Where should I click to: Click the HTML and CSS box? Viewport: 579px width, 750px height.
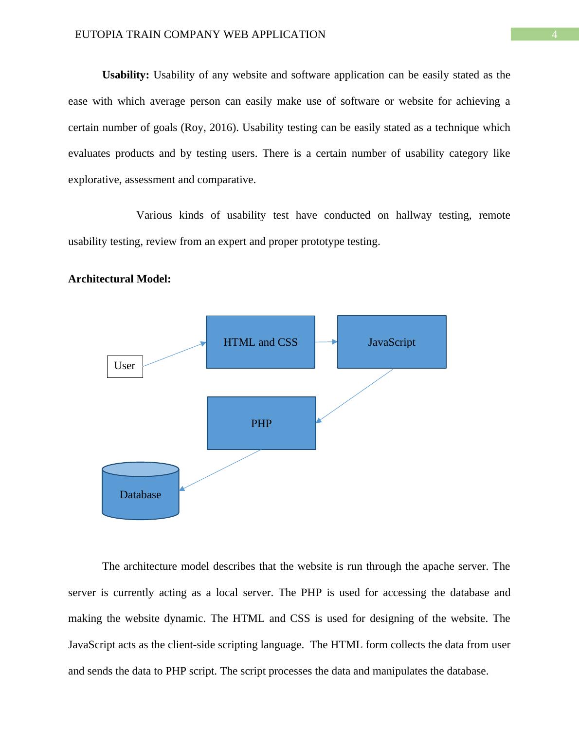coord(260,342)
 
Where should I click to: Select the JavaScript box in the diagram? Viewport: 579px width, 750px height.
coord(392,342)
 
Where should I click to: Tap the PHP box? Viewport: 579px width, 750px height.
coord(261,423)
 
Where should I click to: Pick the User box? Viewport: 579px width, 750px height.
coord(125,366)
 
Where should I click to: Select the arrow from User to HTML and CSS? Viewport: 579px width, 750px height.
coord(174,354)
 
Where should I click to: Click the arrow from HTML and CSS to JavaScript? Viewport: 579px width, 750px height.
coord(326,342)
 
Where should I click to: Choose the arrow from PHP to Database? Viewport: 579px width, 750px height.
coord(220,469)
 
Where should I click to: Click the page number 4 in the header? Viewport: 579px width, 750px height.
coord(554,35)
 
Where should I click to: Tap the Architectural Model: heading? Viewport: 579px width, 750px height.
coord(119,279)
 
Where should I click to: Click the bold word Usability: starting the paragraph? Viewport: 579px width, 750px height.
coord(126,75)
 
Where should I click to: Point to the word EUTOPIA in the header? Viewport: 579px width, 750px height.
coord(97,35)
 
